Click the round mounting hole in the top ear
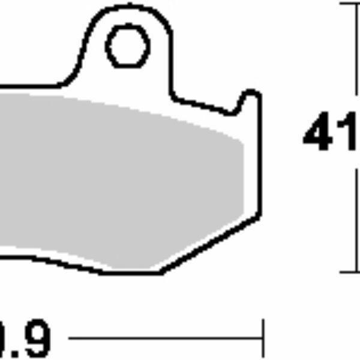pyautogui.click(x=128, y=46)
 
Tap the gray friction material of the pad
pyautogui.click(x=120, y=174)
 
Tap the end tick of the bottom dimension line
pyautogui.click(x=263, y=339)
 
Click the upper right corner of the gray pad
pyautogui.click(x=242, y=142)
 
